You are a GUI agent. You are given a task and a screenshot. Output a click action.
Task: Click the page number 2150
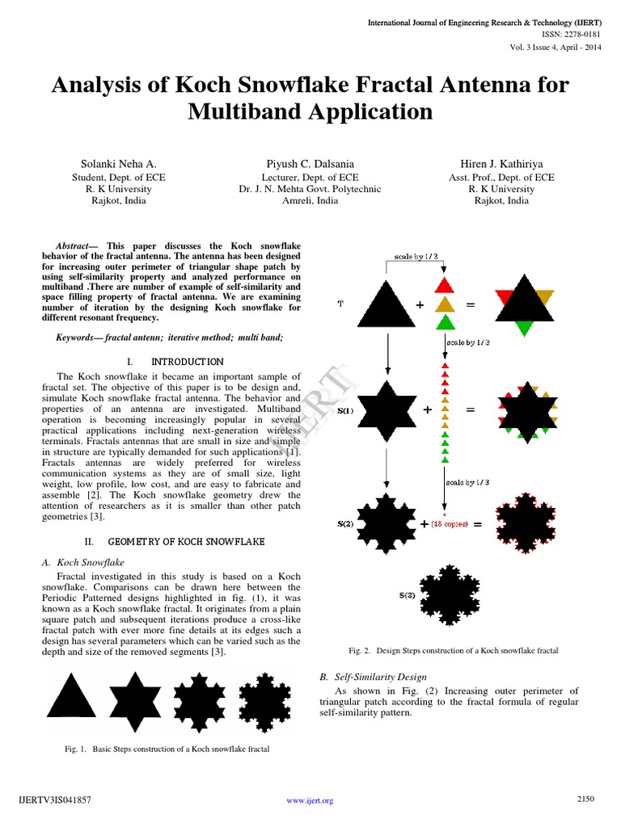click(x=585, y=799)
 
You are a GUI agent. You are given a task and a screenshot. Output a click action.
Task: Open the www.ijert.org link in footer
click(x=310, y=800)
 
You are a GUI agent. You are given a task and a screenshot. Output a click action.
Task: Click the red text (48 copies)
click(x=450, y=524)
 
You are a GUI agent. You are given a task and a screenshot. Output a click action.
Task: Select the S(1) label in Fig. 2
click(x=345, y=410)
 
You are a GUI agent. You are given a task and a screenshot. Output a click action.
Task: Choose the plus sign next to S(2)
click(x=424, y=524)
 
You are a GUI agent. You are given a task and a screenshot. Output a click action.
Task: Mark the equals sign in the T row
click(x=471, y=305)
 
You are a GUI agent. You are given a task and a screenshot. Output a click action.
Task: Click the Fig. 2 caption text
click(x=454, y=650)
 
